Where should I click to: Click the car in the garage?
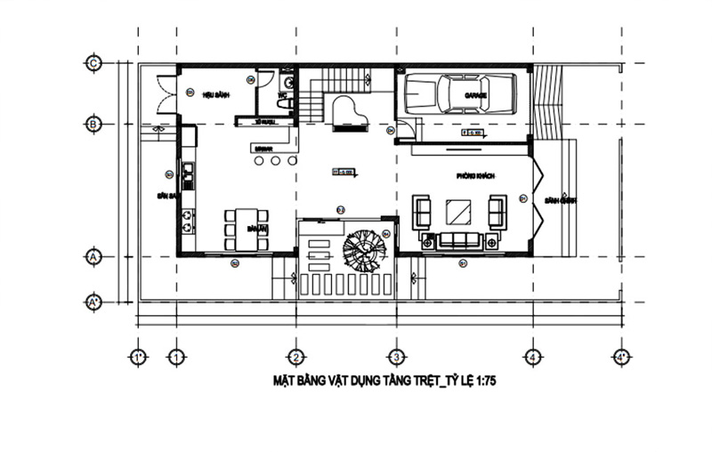click(x=460, y=93)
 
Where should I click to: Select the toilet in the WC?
click(x=284, y=103)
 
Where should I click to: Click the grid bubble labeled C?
click(x=92, y=62)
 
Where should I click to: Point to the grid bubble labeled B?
click(x=92, y=124)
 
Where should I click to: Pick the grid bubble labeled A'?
click(x=92, y=302)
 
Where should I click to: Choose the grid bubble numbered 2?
click(x=296, y=358)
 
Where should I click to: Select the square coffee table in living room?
click(x=459, y=212)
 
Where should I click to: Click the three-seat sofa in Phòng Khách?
click(x=458, y=240)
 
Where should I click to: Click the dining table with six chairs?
click(x=246, y=229)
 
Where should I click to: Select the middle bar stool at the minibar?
click(x=275, y=161)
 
